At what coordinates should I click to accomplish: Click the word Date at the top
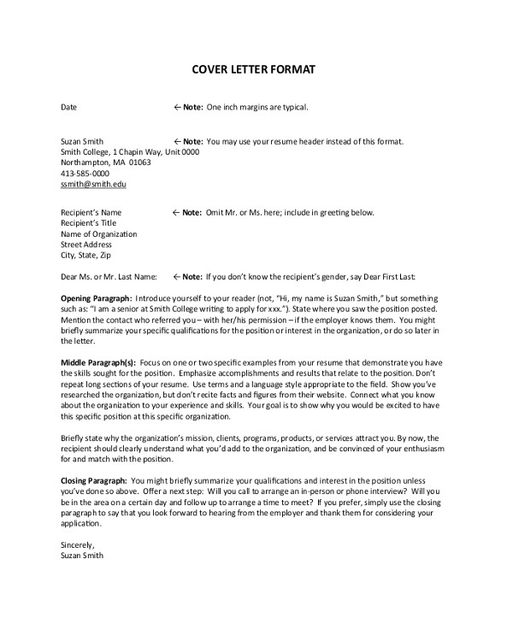(x=68, y=108)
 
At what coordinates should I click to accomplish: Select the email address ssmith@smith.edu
(x=93, y=183)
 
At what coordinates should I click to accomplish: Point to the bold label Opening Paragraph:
(x=97, y=297)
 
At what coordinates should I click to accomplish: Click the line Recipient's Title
(x=89, y=223)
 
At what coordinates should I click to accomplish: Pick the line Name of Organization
(x=98, y=233)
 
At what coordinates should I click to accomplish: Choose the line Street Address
(x=87, y=244)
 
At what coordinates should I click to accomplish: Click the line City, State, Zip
(x=85, y=255)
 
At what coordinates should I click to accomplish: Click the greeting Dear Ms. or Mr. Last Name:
(x=109, y=276)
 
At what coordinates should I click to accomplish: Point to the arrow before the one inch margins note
(x=176, y=108)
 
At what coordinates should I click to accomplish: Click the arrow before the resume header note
(x=176, y=140)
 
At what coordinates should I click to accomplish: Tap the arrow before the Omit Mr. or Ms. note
(x=176, y=212)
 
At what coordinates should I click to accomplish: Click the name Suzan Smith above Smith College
(x=82, y=140)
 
